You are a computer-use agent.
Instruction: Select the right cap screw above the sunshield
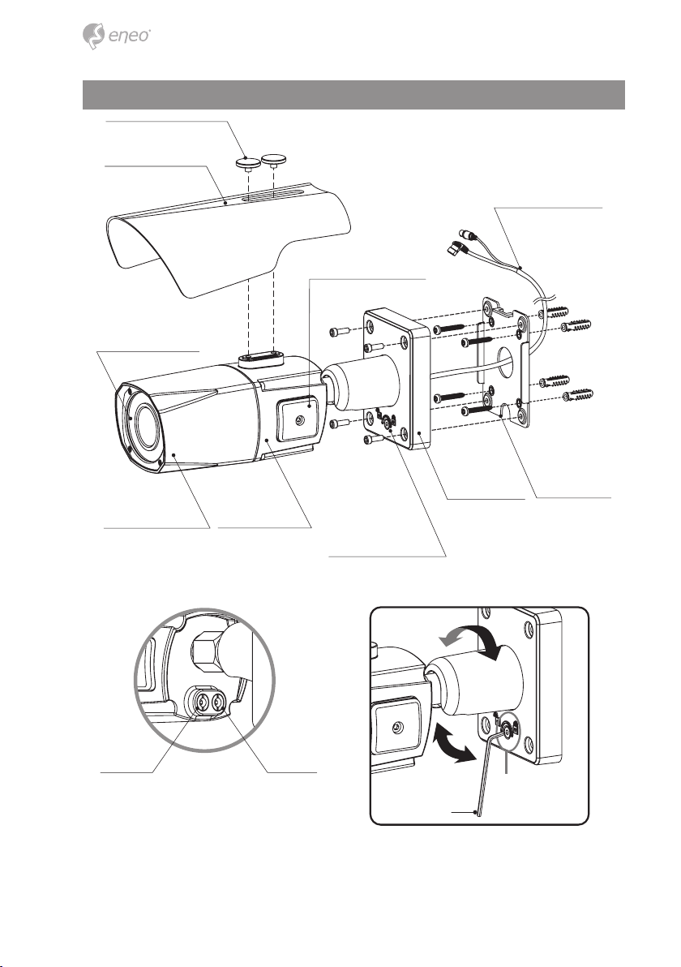click(x=273, y=160)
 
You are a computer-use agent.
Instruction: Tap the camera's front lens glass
click(x=143, y=425)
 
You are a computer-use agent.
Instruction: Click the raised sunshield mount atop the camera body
click(x=259, y=359)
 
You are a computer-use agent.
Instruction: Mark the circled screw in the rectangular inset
click(x=507, y=732)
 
